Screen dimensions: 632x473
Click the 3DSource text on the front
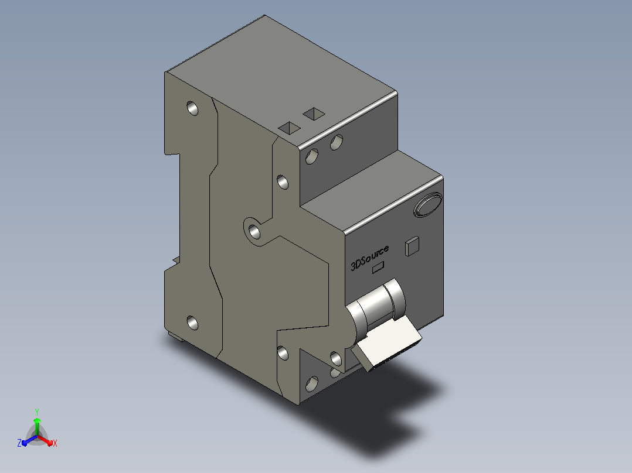point(369,257)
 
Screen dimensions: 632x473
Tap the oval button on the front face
point(427,205)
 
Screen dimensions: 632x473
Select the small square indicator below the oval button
point(412,246)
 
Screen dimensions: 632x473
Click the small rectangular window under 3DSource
point(378,268)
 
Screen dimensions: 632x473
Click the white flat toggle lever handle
point(387,342)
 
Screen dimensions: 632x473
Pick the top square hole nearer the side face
point(290,128)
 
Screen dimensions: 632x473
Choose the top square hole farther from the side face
point(314,114)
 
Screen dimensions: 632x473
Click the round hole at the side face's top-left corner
point(193,108)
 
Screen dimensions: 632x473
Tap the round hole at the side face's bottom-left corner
point(193,323)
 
